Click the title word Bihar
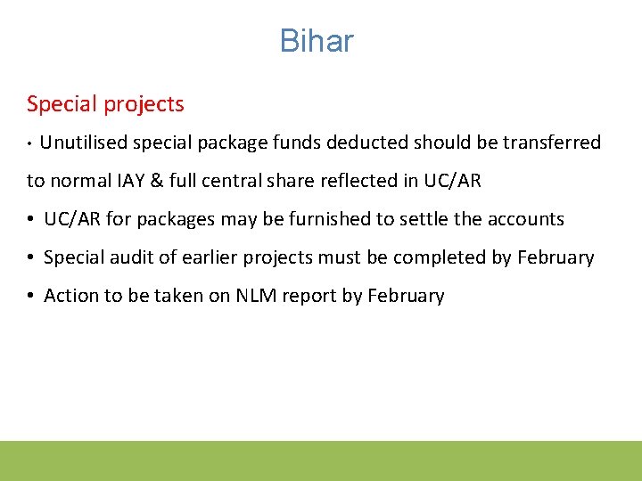[x=317, y=41]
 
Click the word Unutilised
[x=82, y=143]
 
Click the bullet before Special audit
[x=31, y=258]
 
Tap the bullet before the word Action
[x=31, y=297]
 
